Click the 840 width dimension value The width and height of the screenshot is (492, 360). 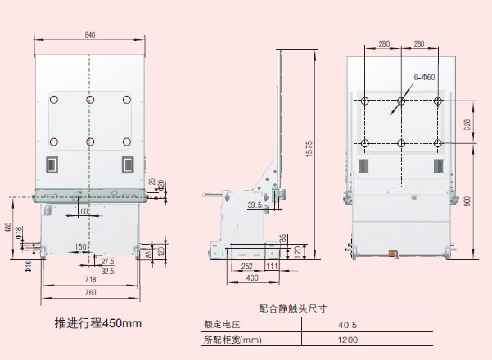[89, 34]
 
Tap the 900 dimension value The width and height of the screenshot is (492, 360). [467, 201]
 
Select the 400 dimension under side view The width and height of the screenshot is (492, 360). [253, 278]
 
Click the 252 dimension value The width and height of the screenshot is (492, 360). [246, 266]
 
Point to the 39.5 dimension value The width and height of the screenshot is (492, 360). [255, 205]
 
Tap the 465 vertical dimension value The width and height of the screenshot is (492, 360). [8, 227]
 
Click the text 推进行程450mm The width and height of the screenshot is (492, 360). [97, 322]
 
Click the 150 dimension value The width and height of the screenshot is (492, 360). [81, 246]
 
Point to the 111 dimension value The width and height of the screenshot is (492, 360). [272, 266]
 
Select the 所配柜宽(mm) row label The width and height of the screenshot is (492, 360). [232, 340]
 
